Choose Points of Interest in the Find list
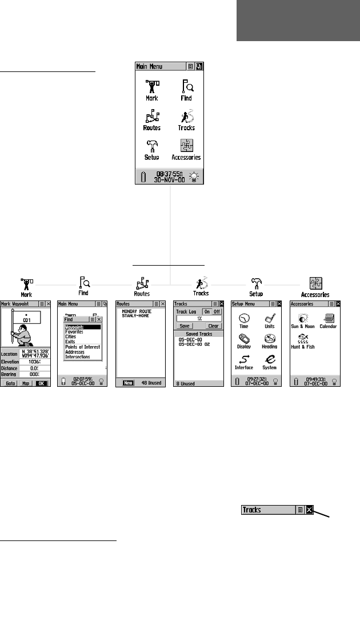tap(83, 347)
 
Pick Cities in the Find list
tap(71, 336)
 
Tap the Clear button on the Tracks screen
tap(213, 326)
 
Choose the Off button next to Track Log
tap(217, 311)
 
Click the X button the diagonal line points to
tap(309, 510)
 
